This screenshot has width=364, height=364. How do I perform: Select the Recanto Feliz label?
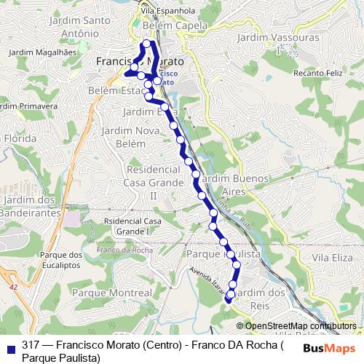[x=317, y=74]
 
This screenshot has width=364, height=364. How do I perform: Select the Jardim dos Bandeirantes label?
[x=29, y=206]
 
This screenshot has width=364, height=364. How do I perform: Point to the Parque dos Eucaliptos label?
[x=61, y=260]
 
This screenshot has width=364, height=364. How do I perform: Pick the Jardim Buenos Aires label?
[x=233, y=183]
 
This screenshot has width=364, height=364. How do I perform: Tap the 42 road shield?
[x=13, y=288]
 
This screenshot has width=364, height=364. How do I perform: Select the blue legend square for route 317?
[x=9, y=346]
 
